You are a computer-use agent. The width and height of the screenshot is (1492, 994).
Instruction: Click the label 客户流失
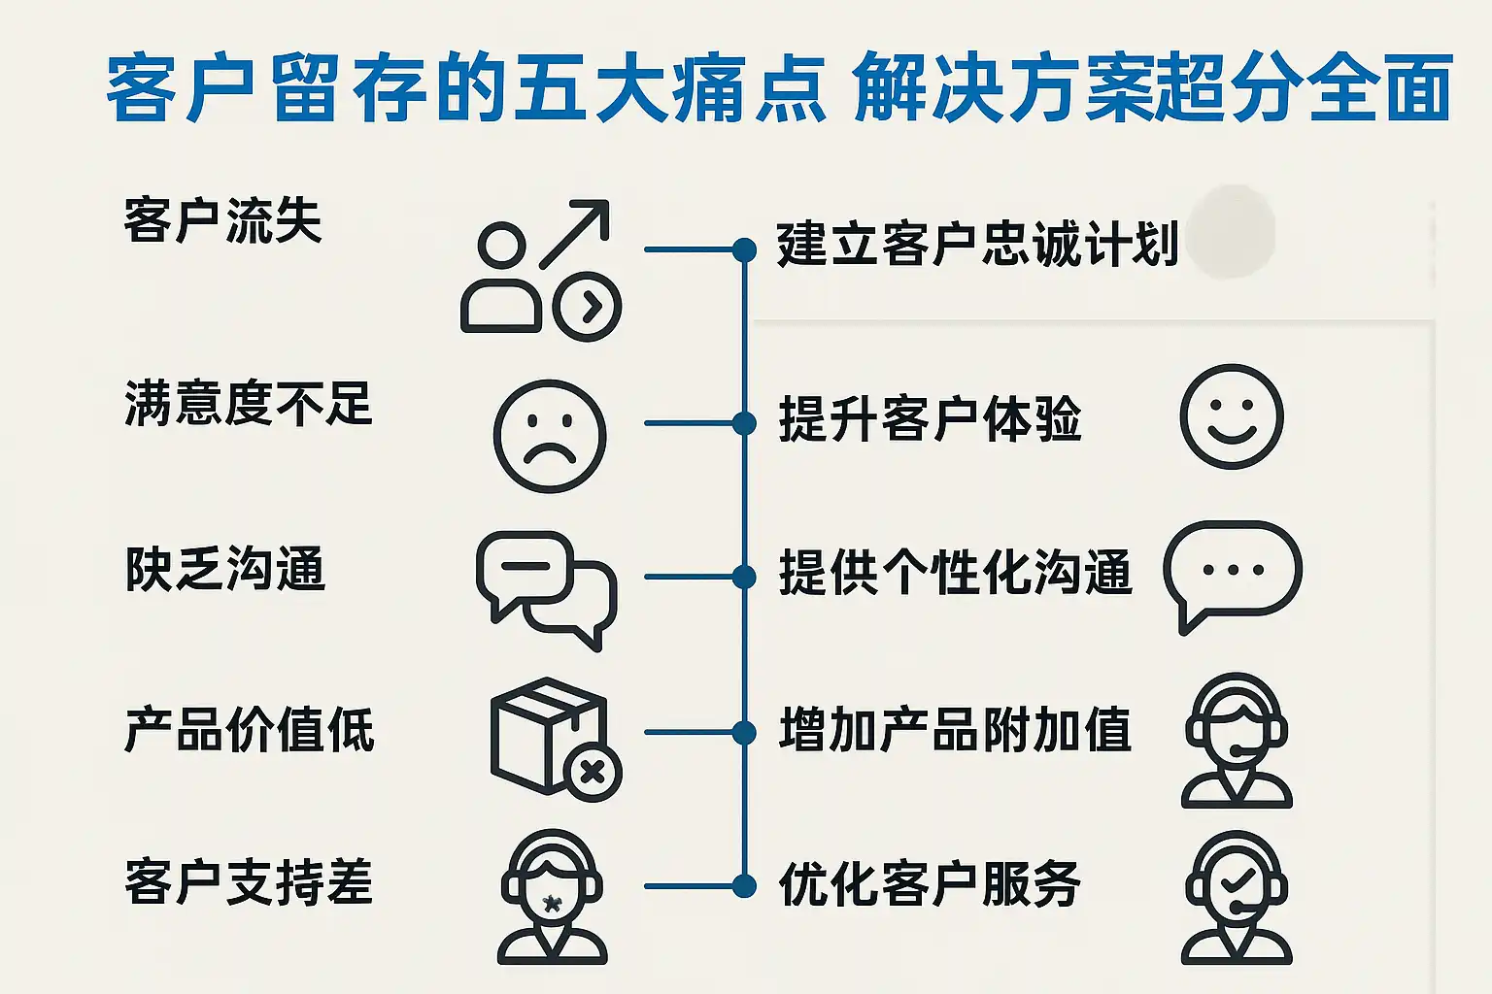pos(222,220)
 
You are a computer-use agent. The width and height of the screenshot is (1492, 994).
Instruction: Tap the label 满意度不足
pos(248,404)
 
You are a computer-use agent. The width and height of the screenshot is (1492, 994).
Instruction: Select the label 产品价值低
pos(249,730)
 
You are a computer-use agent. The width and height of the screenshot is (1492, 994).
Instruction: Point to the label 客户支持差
pos(249,883)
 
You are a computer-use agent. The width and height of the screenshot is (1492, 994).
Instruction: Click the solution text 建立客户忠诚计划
pos(977,244)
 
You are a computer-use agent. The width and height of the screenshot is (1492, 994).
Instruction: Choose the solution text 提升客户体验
pos(930,419)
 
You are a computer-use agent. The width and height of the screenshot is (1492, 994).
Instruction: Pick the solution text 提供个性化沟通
pos(955,573)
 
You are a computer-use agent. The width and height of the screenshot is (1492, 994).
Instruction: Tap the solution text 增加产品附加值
pos(955,730)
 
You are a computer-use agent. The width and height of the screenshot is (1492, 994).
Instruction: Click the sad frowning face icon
pos(550,436)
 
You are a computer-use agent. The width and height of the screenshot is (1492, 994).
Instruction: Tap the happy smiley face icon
pos(1232,417)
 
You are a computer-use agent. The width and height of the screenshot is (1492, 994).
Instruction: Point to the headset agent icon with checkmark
pos(1237,896)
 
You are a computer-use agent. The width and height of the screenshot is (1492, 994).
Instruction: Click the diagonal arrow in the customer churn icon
pos(575,233)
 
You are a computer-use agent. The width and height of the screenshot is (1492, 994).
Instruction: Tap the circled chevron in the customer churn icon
pos(587,307)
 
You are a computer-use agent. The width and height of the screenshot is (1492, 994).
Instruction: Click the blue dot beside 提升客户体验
pos(744,423)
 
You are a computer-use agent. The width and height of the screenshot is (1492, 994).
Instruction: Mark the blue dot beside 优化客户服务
pos(744,886)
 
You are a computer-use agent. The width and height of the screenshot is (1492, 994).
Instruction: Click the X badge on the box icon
pos(593,773)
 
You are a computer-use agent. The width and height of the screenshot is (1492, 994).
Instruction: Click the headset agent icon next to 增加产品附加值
pos(1237,741)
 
